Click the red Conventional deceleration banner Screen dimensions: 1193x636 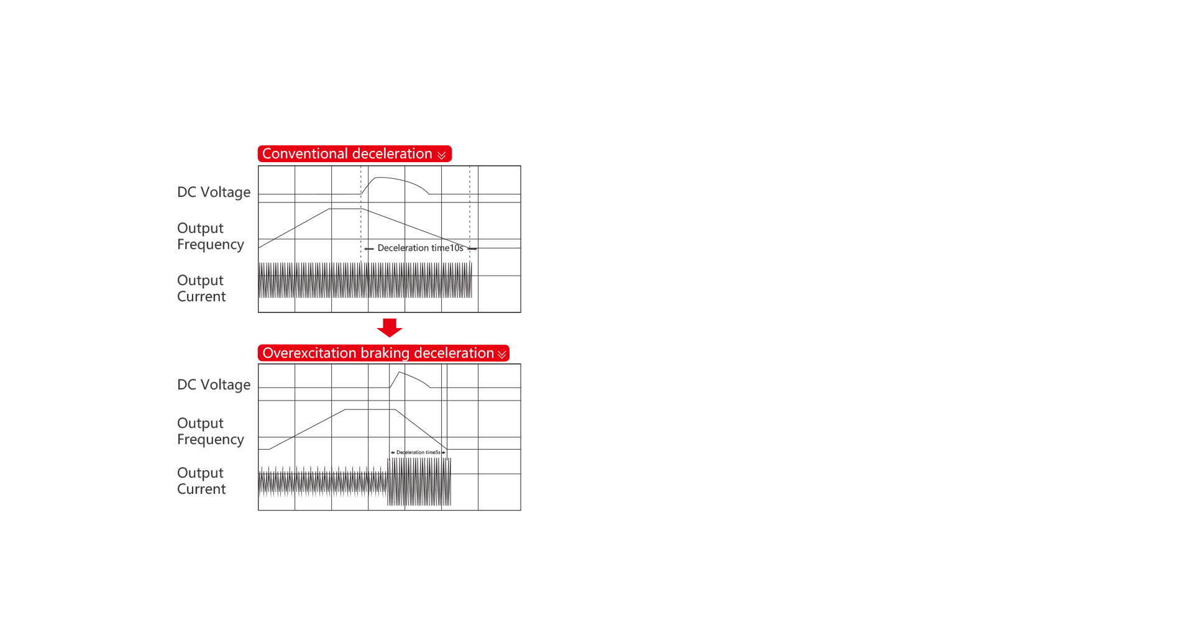(354, 153)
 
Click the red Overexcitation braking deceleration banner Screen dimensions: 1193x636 (383, 353)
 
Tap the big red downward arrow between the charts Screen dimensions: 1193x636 (390, 327)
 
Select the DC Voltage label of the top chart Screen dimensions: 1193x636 (214, 193)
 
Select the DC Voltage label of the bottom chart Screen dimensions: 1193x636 (214, 385)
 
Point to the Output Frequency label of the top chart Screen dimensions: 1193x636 (211, 237)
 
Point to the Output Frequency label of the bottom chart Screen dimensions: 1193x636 (211, 432)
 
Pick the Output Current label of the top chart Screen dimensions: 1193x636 (201, 288)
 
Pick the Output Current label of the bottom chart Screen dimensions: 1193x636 (201, 481)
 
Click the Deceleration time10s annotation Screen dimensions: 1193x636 (421, 248)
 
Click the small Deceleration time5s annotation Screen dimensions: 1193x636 (418, 452)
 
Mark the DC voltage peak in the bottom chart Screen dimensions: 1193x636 (399, 373)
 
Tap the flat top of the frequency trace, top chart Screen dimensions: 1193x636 (345, 209)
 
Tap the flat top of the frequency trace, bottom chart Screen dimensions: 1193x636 (370, 410)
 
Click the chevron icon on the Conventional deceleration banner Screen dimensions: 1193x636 (442, 155)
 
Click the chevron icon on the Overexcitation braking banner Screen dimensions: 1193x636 (502, 355)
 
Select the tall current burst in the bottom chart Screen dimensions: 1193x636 (419, 482)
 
